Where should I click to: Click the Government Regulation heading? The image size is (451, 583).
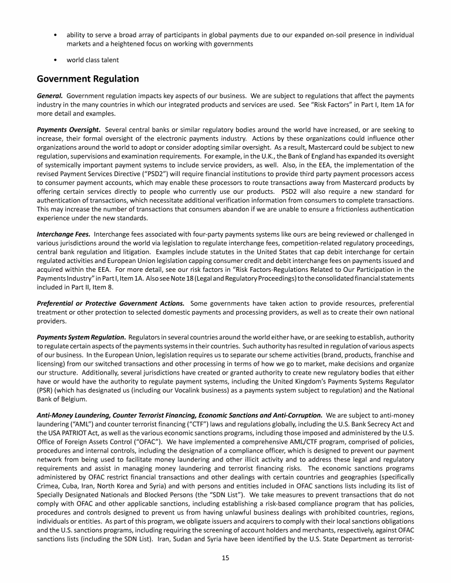(87, 79)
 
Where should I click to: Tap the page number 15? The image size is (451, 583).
(225, 558)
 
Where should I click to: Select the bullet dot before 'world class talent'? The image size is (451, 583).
(55, 60)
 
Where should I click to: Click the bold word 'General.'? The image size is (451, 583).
(50, 95)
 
